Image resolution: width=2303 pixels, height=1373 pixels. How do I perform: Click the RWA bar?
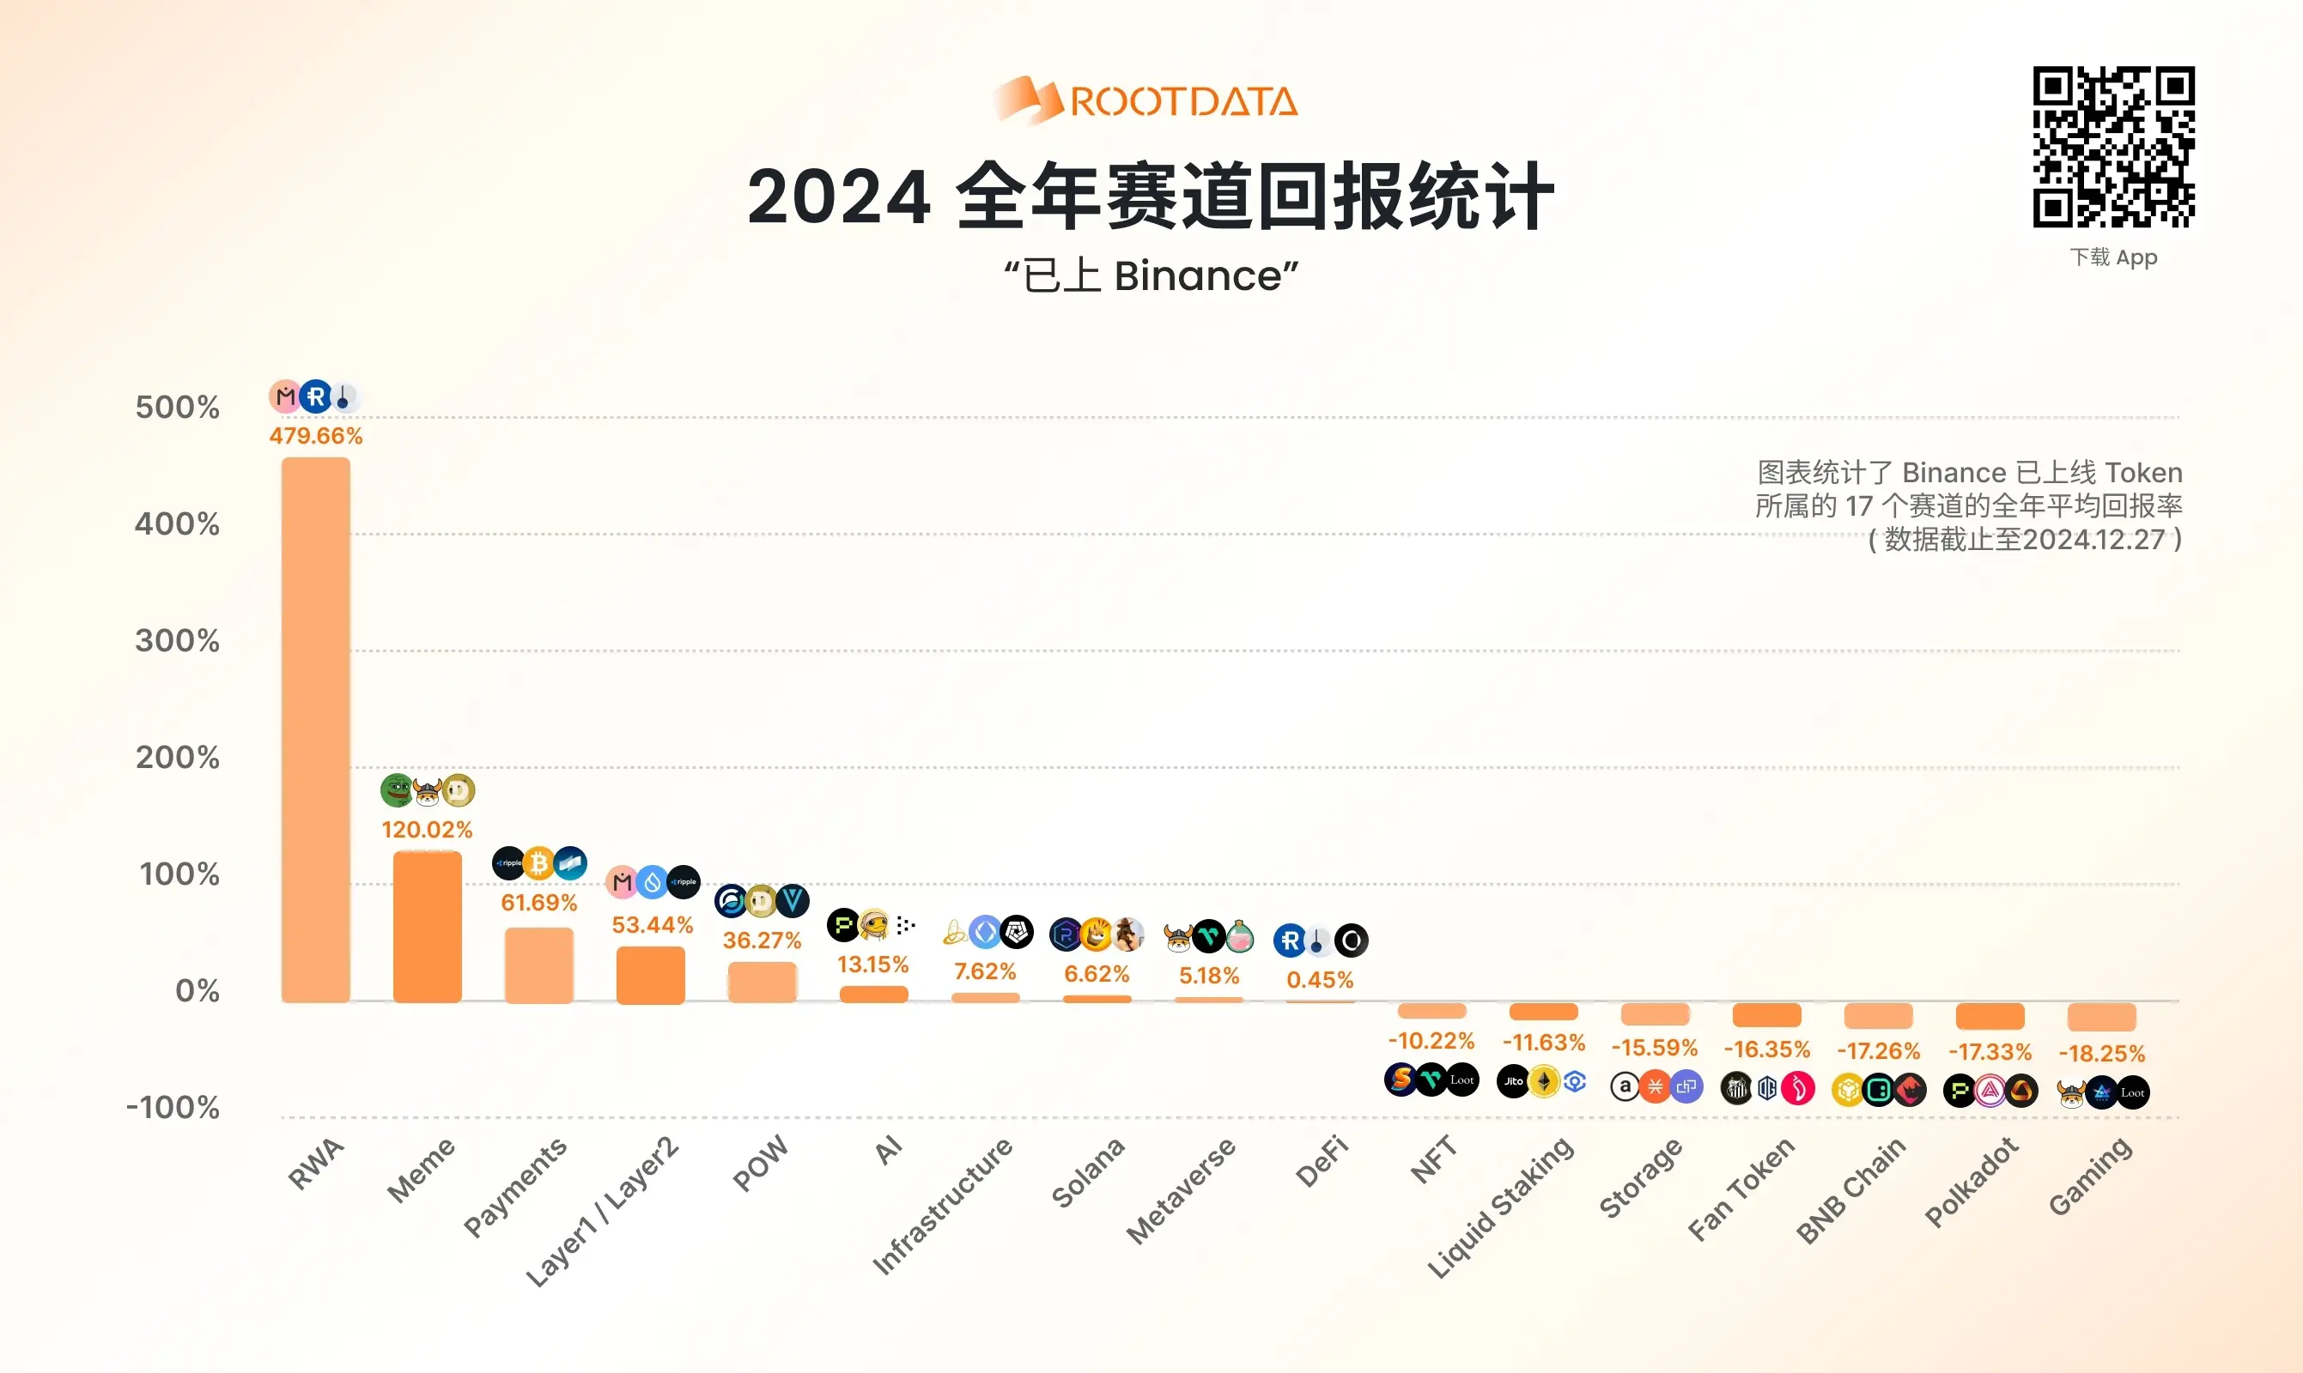coord(316,729)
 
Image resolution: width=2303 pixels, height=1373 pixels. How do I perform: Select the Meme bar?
coord(427,926)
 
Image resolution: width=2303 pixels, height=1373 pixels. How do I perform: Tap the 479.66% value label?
coord(316,436)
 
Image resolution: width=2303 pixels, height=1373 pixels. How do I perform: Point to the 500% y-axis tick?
coord(177,407)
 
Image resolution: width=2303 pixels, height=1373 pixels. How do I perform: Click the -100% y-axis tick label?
coord(173,1108)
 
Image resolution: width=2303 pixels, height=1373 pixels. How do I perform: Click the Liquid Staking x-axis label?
coord(1500,1208)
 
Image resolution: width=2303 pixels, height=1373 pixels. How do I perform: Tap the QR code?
coord(2113,147)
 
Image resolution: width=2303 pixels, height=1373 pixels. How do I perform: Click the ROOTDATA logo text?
coord(1183,102)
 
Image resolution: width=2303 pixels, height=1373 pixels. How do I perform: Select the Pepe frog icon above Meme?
coord(396,790)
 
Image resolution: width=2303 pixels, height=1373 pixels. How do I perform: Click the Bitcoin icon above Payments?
coord(538,863)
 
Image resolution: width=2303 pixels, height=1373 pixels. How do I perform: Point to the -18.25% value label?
coord(2101,1053)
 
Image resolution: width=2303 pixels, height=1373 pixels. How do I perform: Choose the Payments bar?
coord(538,965)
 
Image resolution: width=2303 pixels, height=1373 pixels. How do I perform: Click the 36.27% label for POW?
coord(762,940)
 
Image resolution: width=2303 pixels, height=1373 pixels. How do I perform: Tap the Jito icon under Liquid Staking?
coord(1512,1080)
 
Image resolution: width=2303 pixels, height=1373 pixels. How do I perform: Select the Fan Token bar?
coord(1766,1014)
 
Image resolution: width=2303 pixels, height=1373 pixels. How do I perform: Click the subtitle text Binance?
coord(1198,275)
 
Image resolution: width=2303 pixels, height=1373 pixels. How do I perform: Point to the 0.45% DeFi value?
coord(1320,980)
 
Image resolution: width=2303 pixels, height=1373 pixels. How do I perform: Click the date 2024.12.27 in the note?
coord(2093,540)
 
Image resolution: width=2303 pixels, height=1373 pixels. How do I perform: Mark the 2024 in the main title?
coord(838,197)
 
